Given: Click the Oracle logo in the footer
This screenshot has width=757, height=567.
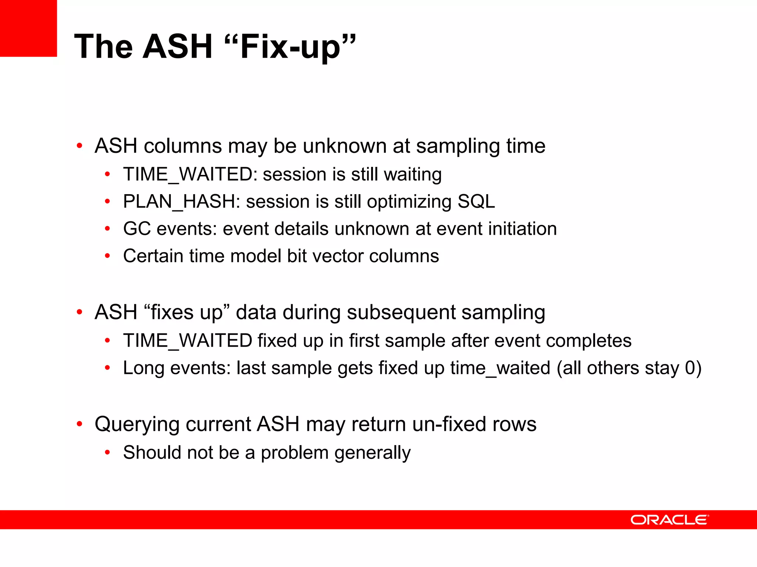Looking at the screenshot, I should pos(669,520).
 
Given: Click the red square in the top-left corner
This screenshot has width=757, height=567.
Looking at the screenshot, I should pos(28,28).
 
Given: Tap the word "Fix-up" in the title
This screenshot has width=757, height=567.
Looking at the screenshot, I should pos(290,47).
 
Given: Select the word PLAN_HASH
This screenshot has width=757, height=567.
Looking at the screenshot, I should pos(179,202).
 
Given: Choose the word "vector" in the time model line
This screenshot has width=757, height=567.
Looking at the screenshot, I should pos(337,256).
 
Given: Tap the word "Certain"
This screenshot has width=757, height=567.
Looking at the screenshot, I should pos(153,256).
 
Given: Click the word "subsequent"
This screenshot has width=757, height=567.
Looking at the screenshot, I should pos(401,313).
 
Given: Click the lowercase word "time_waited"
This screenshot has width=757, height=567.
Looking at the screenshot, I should pos(500,368).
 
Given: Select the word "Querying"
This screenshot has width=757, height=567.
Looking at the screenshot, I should pos(137,425).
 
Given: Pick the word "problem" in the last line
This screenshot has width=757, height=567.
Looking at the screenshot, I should pos(295,453).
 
